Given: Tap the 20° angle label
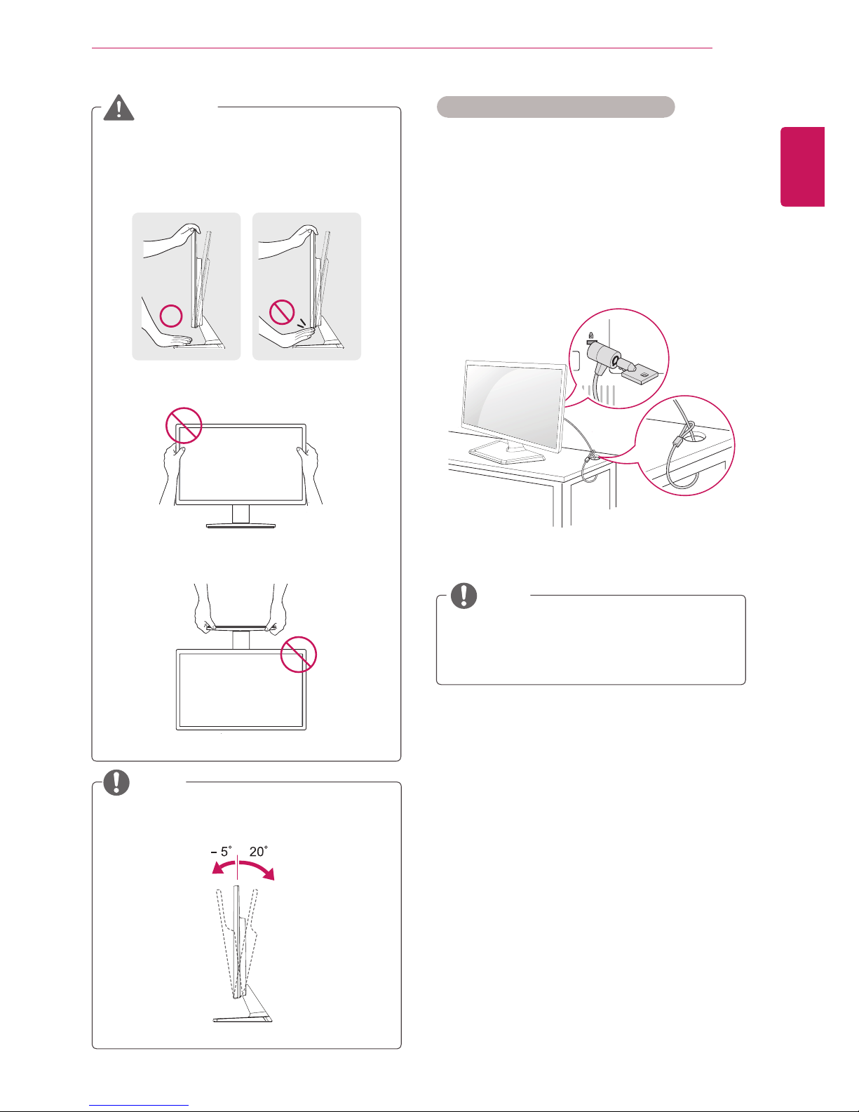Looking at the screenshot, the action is (x=258, y=851).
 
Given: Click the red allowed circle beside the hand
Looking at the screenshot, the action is (x=171, y=316).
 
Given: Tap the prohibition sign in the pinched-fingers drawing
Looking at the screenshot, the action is (x=282, y=312).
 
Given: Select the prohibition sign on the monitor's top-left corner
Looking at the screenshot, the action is (x=184, y=426).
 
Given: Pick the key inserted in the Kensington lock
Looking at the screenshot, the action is (x=641, y=373).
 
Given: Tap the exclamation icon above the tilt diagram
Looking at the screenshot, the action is (x=116, y=782).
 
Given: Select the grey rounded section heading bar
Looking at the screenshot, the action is (x=555, y=107).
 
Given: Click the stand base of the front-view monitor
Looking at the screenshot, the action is (x=241, y=525).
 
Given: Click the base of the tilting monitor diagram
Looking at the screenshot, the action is (x=242, y=1018).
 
